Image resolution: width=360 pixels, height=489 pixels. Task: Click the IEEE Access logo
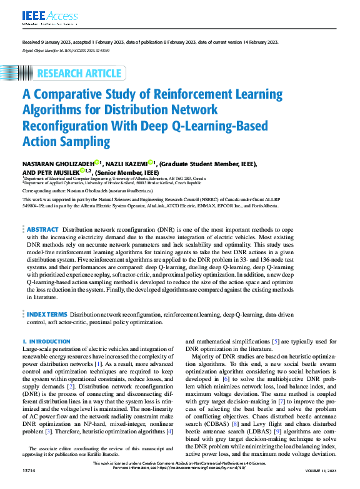coord(42,14)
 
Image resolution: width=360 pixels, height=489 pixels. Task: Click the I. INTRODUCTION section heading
coord(46,342)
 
